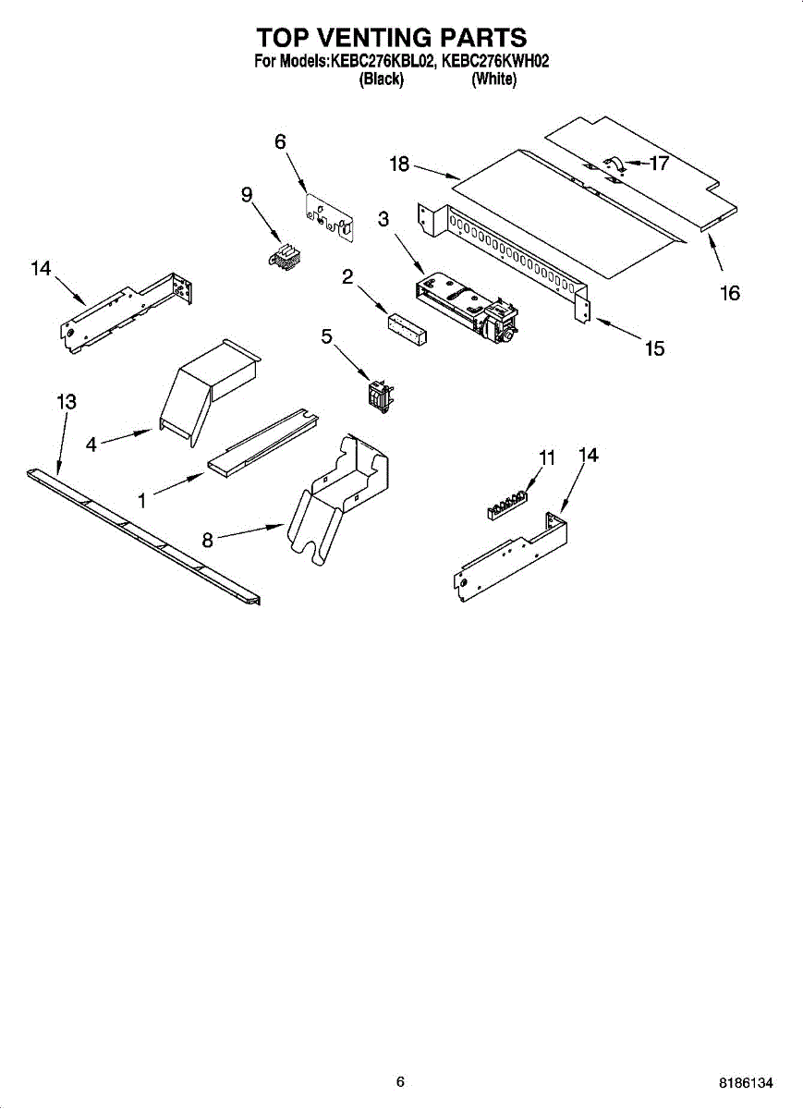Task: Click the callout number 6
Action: [x=280, y=141]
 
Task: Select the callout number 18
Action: [x=399, y=165]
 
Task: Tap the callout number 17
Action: [x=659, y=164]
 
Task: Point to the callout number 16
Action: [x=730, y=293]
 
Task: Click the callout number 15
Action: [x=654, y=348]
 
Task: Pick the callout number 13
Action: [x=66, y=402]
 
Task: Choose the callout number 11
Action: [x=548, y=457]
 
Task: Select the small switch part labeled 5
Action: [x=377, y=394]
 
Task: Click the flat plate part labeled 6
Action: [x=330, y=219]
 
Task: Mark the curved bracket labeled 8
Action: [x=337, y=499]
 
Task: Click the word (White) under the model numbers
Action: [x=493, y=79]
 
